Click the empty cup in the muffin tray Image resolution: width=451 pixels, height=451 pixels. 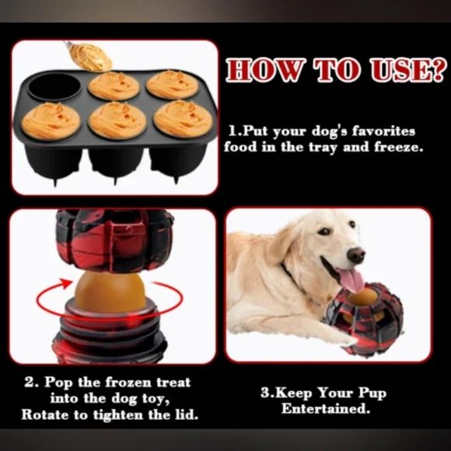coord(54,86)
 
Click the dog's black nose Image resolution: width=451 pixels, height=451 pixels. coord(356,254)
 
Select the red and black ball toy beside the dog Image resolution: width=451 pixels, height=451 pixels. coord(365,316)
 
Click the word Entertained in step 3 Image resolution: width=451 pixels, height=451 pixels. coord(323,408)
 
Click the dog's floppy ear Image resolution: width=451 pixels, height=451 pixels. coord(281,249)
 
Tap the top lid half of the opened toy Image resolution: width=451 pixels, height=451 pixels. coord(110,241)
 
